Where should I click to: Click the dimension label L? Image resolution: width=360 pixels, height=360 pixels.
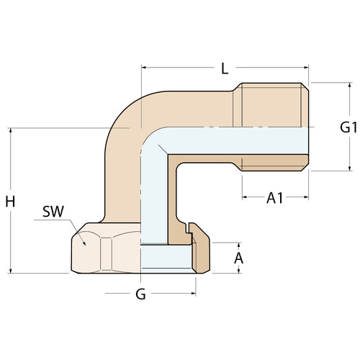pos(225,69)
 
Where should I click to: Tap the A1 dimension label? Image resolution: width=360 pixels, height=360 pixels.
pos(274,198)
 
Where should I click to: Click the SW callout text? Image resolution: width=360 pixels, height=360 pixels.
pos(51,212)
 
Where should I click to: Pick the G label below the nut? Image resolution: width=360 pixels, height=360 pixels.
pos(141,294)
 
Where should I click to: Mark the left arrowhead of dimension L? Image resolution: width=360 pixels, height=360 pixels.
pos(145,69)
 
